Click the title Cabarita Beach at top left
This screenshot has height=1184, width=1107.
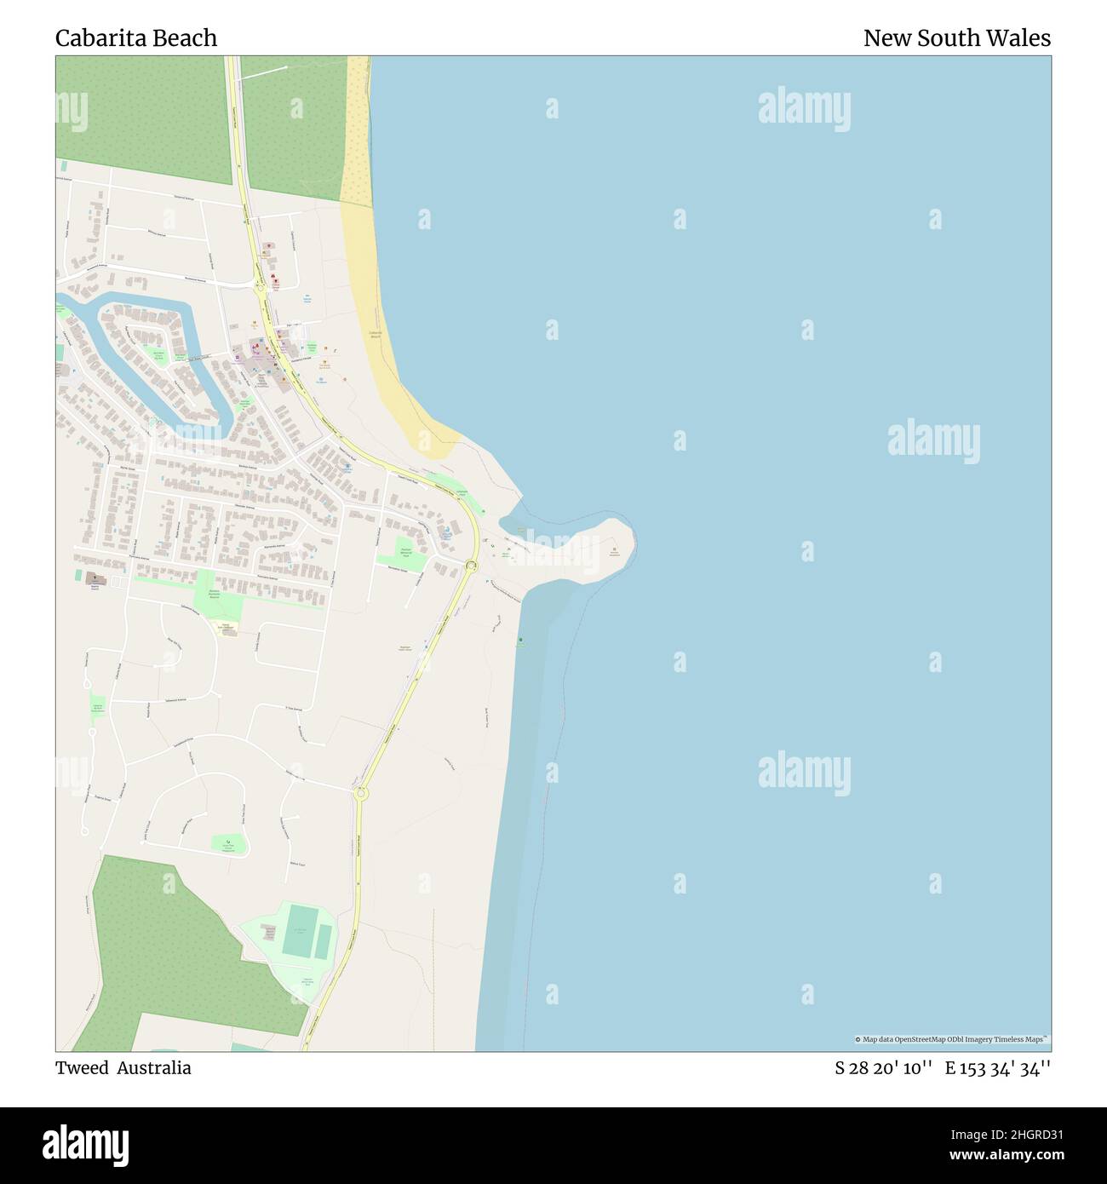tap(136, 38)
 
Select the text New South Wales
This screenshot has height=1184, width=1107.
tap(956, 38)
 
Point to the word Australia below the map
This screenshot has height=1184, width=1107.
tap(154, 1068)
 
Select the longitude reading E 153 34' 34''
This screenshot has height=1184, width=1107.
tap(997, 1069)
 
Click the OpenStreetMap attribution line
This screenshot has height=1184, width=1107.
tap(952, 1039)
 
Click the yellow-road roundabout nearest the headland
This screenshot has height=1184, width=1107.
tap(472, 566)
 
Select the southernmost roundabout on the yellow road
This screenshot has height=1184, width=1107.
tap(361, 793)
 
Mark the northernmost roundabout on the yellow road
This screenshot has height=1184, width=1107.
tap(259, 288)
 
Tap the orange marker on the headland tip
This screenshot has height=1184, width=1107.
tap(614, 550)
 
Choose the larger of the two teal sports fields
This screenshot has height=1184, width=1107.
tap(299, 931)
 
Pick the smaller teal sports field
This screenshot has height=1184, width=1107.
tap(324, 940)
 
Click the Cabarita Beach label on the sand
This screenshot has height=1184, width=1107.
tap(375, 334)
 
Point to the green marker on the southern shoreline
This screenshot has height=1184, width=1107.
tap(519, 640)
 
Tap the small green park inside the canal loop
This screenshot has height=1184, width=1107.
tap(157, 354)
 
